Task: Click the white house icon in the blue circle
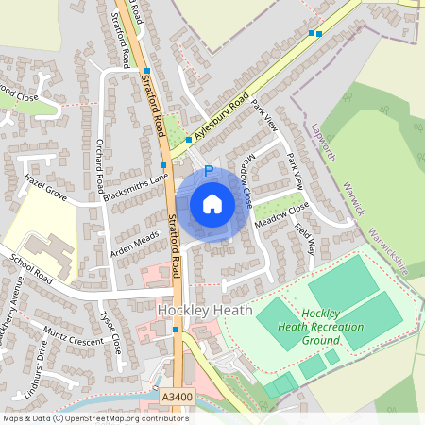[x=212, y=204]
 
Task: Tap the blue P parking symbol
[x=209, y=172]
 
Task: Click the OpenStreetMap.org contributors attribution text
[x=120, y=417]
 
